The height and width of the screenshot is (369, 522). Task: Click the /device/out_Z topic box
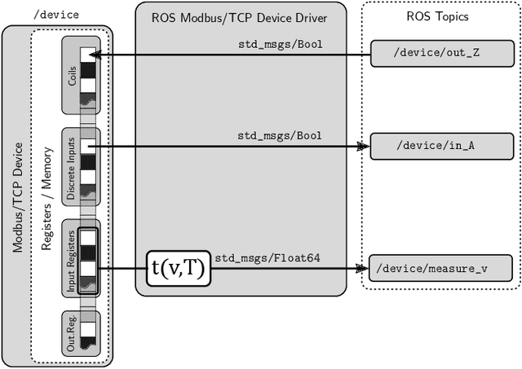440,55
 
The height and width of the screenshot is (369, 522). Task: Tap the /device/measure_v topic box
440,267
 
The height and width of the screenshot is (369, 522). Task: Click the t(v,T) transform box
178,267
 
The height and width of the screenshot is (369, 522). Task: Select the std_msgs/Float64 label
268,258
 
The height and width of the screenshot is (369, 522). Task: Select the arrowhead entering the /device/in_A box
365,147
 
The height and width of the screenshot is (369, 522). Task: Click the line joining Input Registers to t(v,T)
123,267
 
